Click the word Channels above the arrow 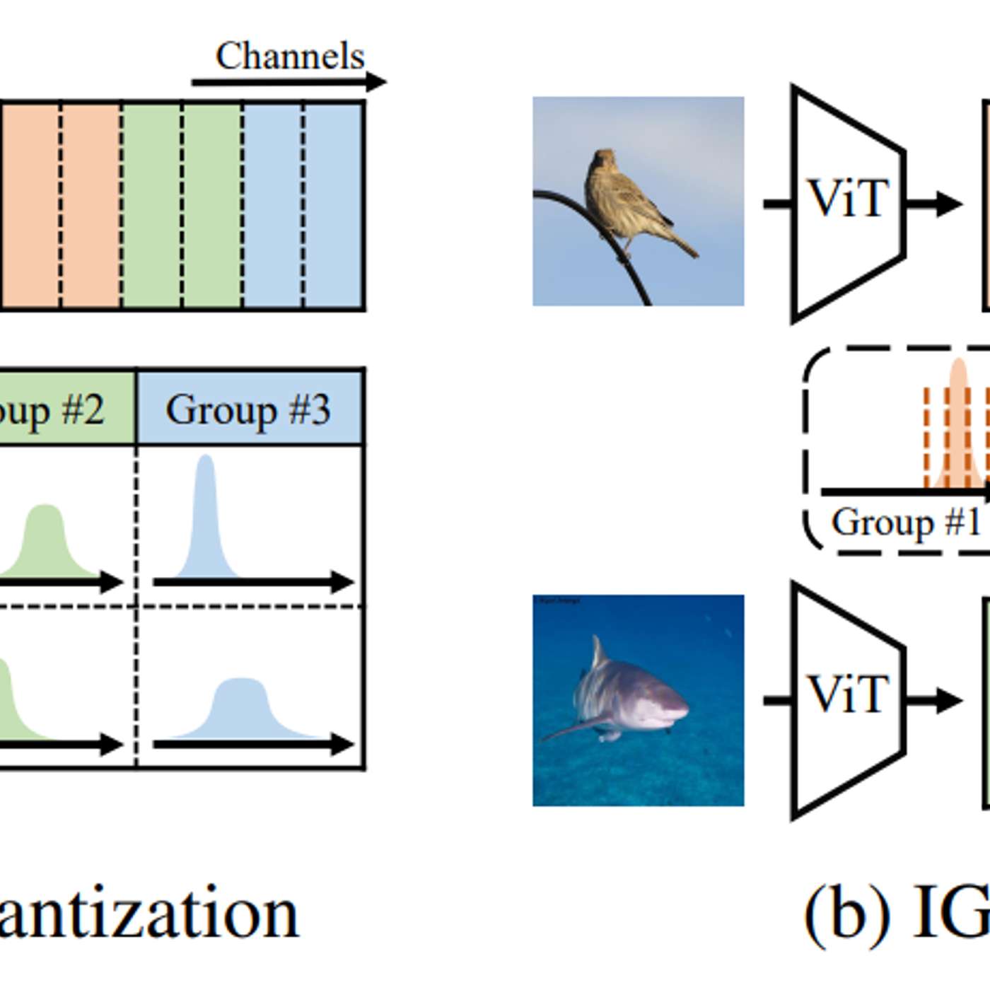click(x=290, y=56)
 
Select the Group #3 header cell click(x=249, y=409)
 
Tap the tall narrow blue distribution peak click(x=206, y=516)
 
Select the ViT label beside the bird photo click(x=848, y=199)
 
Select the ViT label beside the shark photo click(x=848, y=694)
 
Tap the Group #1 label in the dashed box click(x=906, y=523)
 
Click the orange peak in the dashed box click(x=958, y=424)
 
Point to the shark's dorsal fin click(x=598, y=652)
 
